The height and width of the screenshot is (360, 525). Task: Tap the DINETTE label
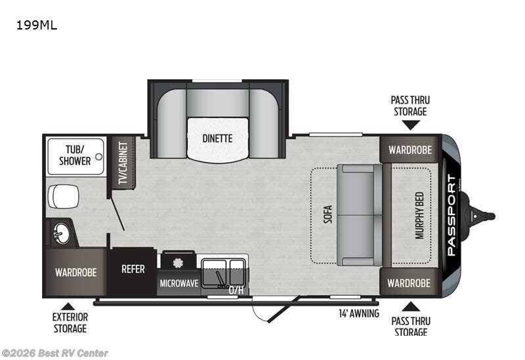[x=217, y=138]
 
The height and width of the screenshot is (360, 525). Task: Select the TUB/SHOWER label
[x=74, y=155]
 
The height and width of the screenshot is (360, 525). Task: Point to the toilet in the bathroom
[x=64, y=196]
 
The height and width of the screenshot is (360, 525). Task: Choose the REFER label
[x=133, y=269]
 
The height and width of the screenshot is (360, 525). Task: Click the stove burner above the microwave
[x=177, y=263]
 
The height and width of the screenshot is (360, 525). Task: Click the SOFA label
[x=327, y=216]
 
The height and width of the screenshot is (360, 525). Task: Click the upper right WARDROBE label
[x=409, y=150]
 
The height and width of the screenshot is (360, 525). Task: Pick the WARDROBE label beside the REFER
[x=76, y=271]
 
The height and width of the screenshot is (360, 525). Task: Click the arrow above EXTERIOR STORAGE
[x=66, y=306]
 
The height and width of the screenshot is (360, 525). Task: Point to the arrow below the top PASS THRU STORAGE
[x=411, y=125]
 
